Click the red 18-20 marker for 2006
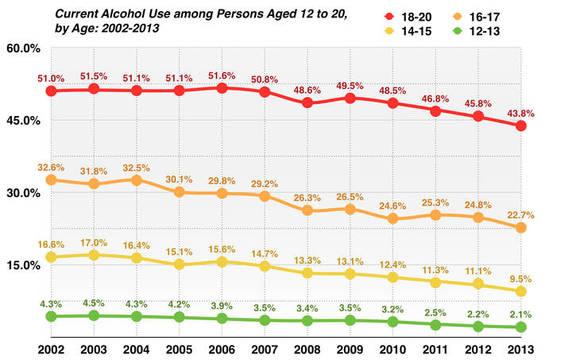click(x=222, y=88)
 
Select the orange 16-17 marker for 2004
click(x=136, y=180)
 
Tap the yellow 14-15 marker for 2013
click(x=521, y=292)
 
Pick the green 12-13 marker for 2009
click(x=350, y=320)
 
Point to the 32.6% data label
click(x=50, y=168)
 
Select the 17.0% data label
click(x=93, y=242)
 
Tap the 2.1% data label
click(x=522, y=313)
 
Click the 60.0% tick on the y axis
click(x=23, y=48)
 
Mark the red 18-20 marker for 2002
click(x=50, y=91)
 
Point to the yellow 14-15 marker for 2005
click(x=179, y=264)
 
